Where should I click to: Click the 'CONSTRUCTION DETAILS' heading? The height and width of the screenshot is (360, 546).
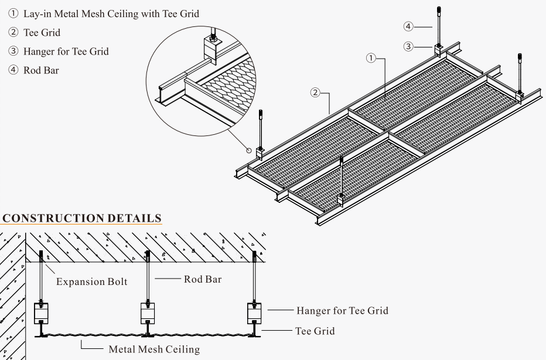click(x=81, y=218)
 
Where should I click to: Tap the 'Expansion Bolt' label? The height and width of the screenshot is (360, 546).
click(x=91, y=281)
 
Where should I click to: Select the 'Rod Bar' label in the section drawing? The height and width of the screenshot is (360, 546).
click(x=203, y=279)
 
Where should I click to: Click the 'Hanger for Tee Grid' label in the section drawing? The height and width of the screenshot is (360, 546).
click(x=342, y=310)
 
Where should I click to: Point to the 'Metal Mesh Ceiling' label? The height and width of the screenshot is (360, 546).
click(x=154, y=349)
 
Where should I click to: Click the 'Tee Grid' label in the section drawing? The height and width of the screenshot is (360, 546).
click(x=315, y=331)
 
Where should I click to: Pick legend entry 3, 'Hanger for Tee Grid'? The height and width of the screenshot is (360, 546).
click(x=59, y=51)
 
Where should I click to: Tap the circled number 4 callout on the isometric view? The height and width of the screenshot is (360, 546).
click(x=408, y=26)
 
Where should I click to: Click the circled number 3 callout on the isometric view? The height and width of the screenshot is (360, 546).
click(x=408, y=46)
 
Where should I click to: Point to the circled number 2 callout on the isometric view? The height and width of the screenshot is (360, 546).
click(x=315, y=92)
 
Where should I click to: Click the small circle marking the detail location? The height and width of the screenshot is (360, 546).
click(x=249, y=150)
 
